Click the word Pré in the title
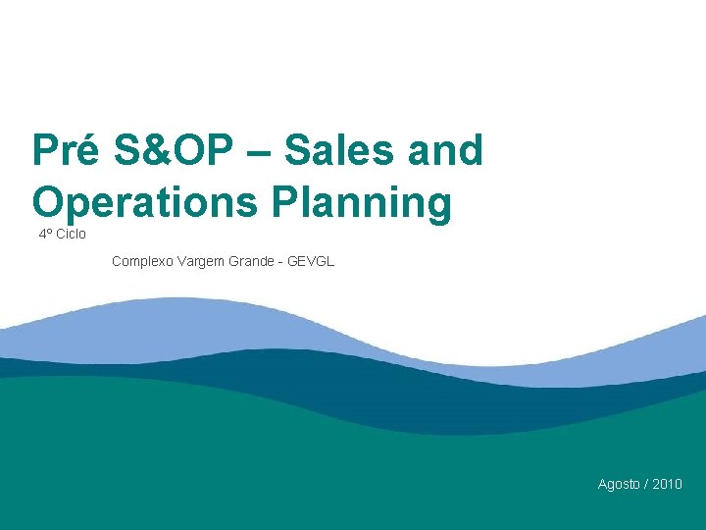65,151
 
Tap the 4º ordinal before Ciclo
45,235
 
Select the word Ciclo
72,235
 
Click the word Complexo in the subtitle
143,261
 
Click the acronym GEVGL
312,261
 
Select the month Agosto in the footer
619,484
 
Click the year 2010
667,484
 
